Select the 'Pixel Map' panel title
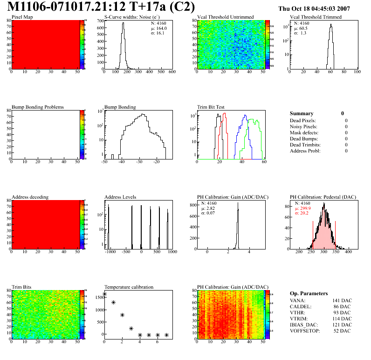tap(22, 17)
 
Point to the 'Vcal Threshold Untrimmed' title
tap(225, 17)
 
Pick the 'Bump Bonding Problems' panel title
tap(37, 107)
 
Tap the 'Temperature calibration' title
tap(129, 287)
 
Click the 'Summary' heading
tap(302, 113)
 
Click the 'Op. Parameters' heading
tap(309, 293)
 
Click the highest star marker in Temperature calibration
tap(104, 294)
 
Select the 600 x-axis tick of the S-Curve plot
tap(172, 72)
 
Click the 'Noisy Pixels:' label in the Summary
tap(303, 126)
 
